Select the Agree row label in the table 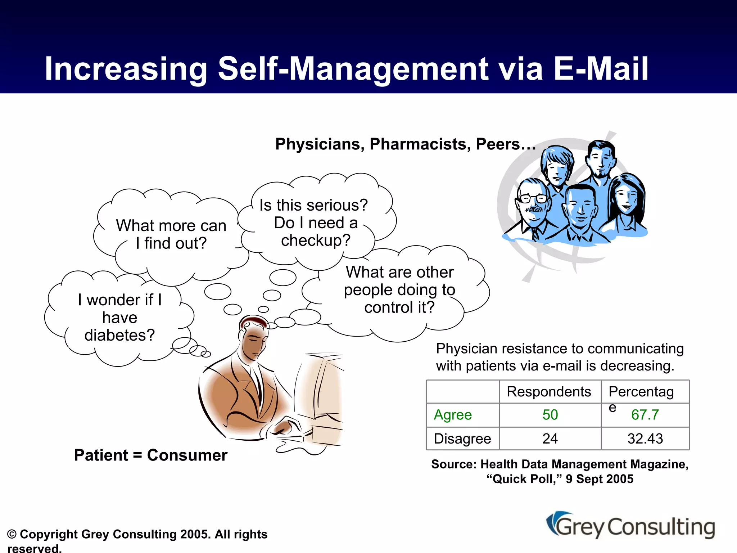tap(453, 415)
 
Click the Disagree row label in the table tap(462, 439)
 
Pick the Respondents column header tap(549, 392)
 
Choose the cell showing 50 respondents tap(550, 415)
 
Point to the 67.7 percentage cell tap(645, 415)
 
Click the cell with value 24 tap(550, 439)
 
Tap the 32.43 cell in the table tap(645, 439)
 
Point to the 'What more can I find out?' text tap(171, 234)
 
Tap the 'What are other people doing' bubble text tap(399, 290)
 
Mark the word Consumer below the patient tap(187, 455)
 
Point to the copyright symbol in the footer tap(12, 534)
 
